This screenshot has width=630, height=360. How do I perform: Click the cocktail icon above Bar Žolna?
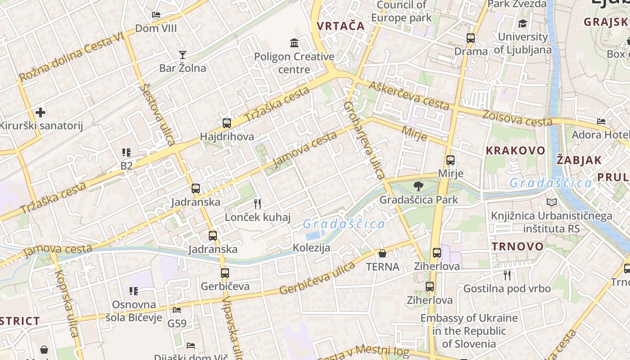tap(182, 55)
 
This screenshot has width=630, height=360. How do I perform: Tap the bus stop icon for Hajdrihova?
tap(227, 123)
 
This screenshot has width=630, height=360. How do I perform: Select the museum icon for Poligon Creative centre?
tap(294, 43)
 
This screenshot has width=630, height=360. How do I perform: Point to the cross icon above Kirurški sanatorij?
tap(40, 112)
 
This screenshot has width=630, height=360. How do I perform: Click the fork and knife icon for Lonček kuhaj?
tap(257, 204)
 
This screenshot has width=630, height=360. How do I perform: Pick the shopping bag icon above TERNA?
tap(382, 253)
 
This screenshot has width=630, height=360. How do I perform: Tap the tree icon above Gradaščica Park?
tap(418, 186)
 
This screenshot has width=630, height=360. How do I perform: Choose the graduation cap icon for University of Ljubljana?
tap(522, 24)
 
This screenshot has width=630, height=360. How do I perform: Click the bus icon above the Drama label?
tap(471, 38)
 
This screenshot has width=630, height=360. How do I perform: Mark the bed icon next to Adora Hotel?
tap(601, 121)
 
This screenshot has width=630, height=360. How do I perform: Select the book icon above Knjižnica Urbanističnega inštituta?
tap(552, 202)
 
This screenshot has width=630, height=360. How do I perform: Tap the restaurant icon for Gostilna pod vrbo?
tap(507, 275)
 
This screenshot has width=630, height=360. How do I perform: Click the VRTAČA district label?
tap(341, 26)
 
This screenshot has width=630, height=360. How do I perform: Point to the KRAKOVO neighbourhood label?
tap(516, 150)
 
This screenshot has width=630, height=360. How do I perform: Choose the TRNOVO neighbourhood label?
tap(517, 246)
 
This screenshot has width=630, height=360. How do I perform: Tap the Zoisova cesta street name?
tap(517, 118)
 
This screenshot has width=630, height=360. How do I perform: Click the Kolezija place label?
tap(311, 247)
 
